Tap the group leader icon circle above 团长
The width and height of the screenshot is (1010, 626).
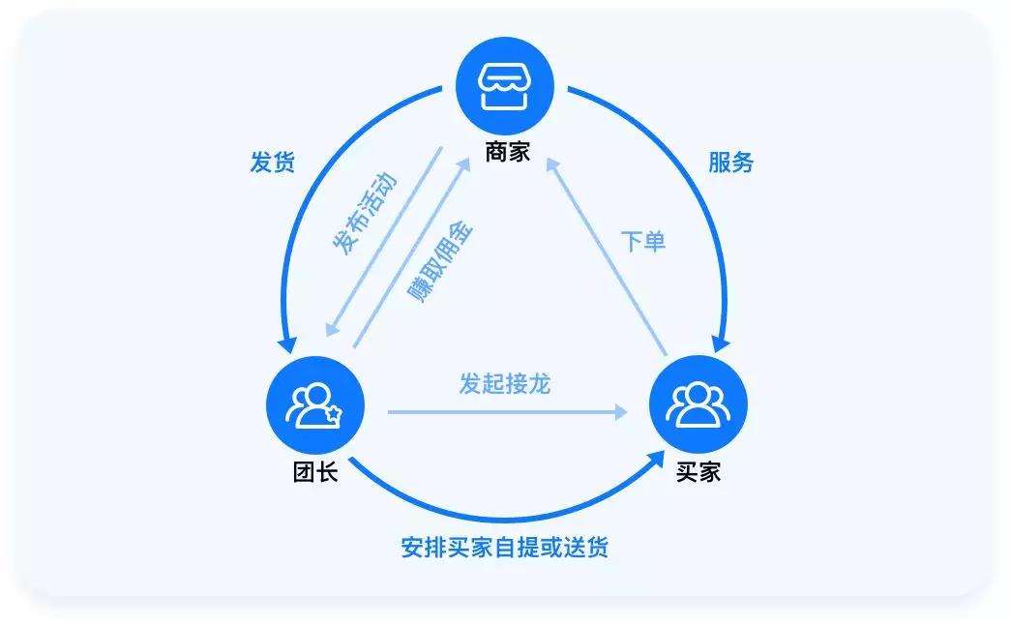click(x=313, y=406)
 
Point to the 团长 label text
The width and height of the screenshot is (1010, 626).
click(x=315, y=474)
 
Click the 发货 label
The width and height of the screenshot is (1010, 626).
click(x=272, y=162)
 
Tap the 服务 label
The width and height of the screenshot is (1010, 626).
click(x=730, y=162)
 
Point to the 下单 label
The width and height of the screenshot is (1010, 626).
click(x=643, y=241)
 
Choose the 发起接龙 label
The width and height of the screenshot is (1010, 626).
click(x=504, y=384)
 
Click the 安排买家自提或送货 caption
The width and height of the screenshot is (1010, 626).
click(x=504, y=548)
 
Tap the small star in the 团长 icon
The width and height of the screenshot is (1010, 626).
click(x=332, y=415)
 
